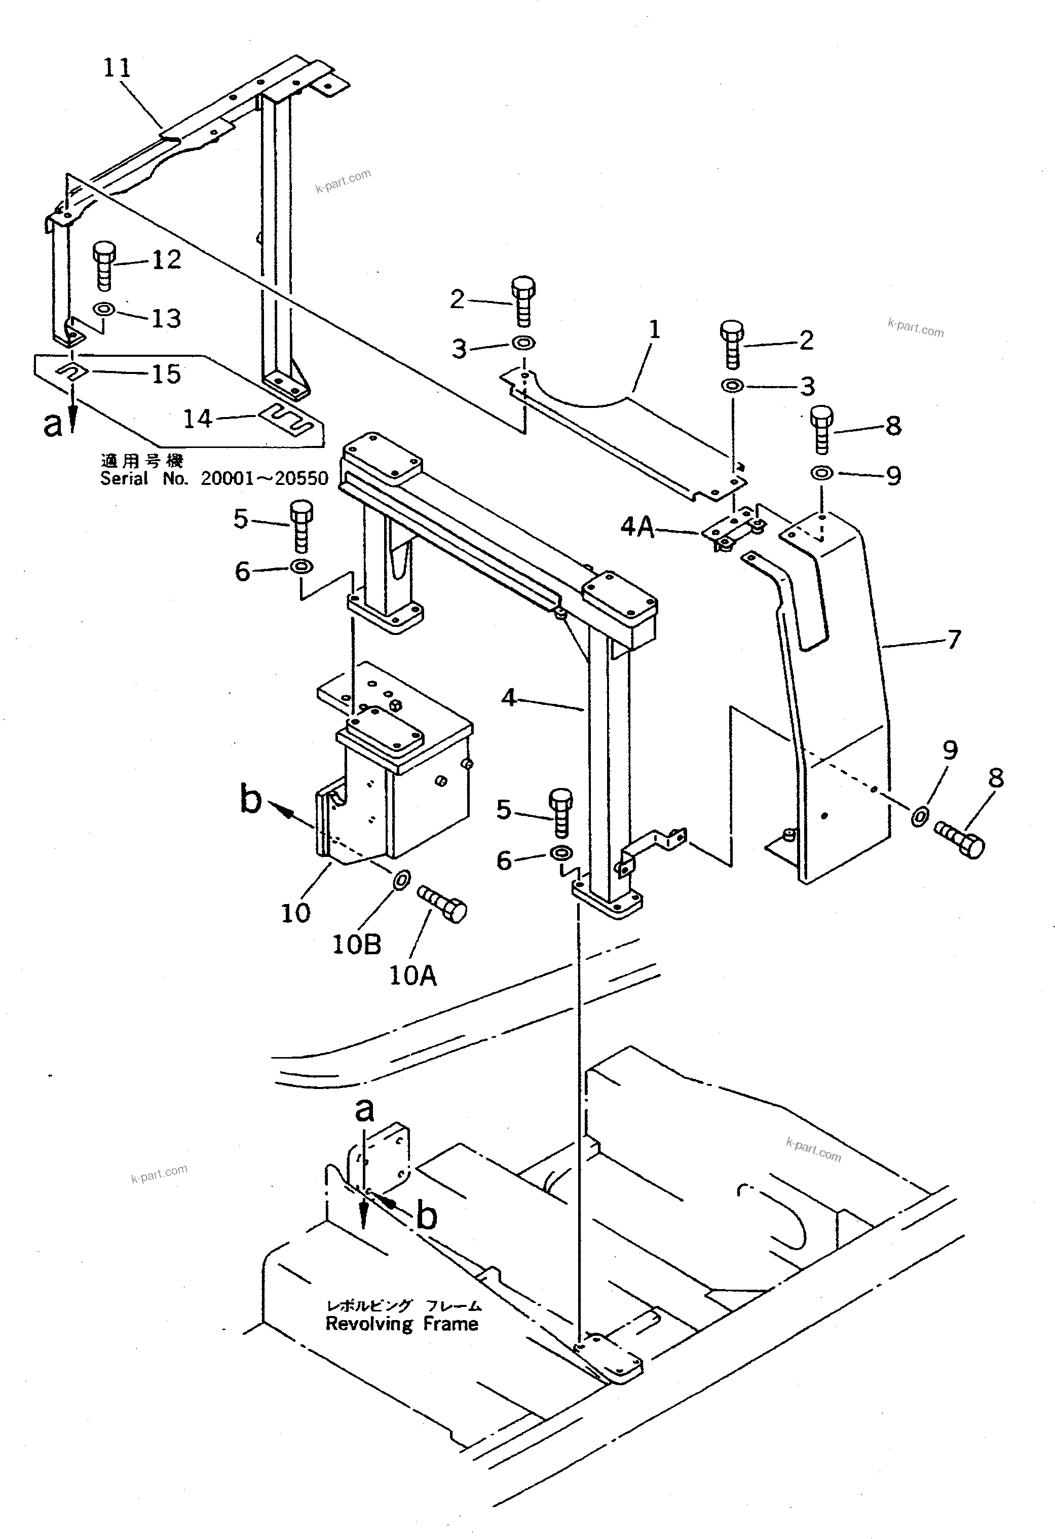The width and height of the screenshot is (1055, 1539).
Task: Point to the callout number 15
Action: (x=166, y=374)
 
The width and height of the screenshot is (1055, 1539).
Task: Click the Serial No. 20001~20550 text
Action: (x=214, y=478)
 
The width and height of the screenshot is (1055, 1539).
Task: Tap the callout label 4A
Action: (x=637, y=527)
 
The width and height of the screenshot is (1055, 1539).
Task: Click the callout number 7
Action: (x=954, y=640)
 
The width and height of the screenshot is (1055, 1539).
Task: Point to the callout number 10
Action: (x=295, y=913)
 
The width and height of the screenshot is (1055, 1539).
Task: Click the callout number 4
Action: (x=508, y=697)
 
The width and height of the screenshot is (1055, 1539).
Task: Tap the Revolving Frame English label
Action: (x=402, y=1323)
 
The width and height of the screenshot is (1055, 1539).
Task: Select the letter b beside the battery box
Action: (x=250, y=799)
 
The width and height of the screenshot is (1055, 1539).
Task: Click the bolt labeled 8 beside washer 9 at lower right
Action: (x=960, y=841)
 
